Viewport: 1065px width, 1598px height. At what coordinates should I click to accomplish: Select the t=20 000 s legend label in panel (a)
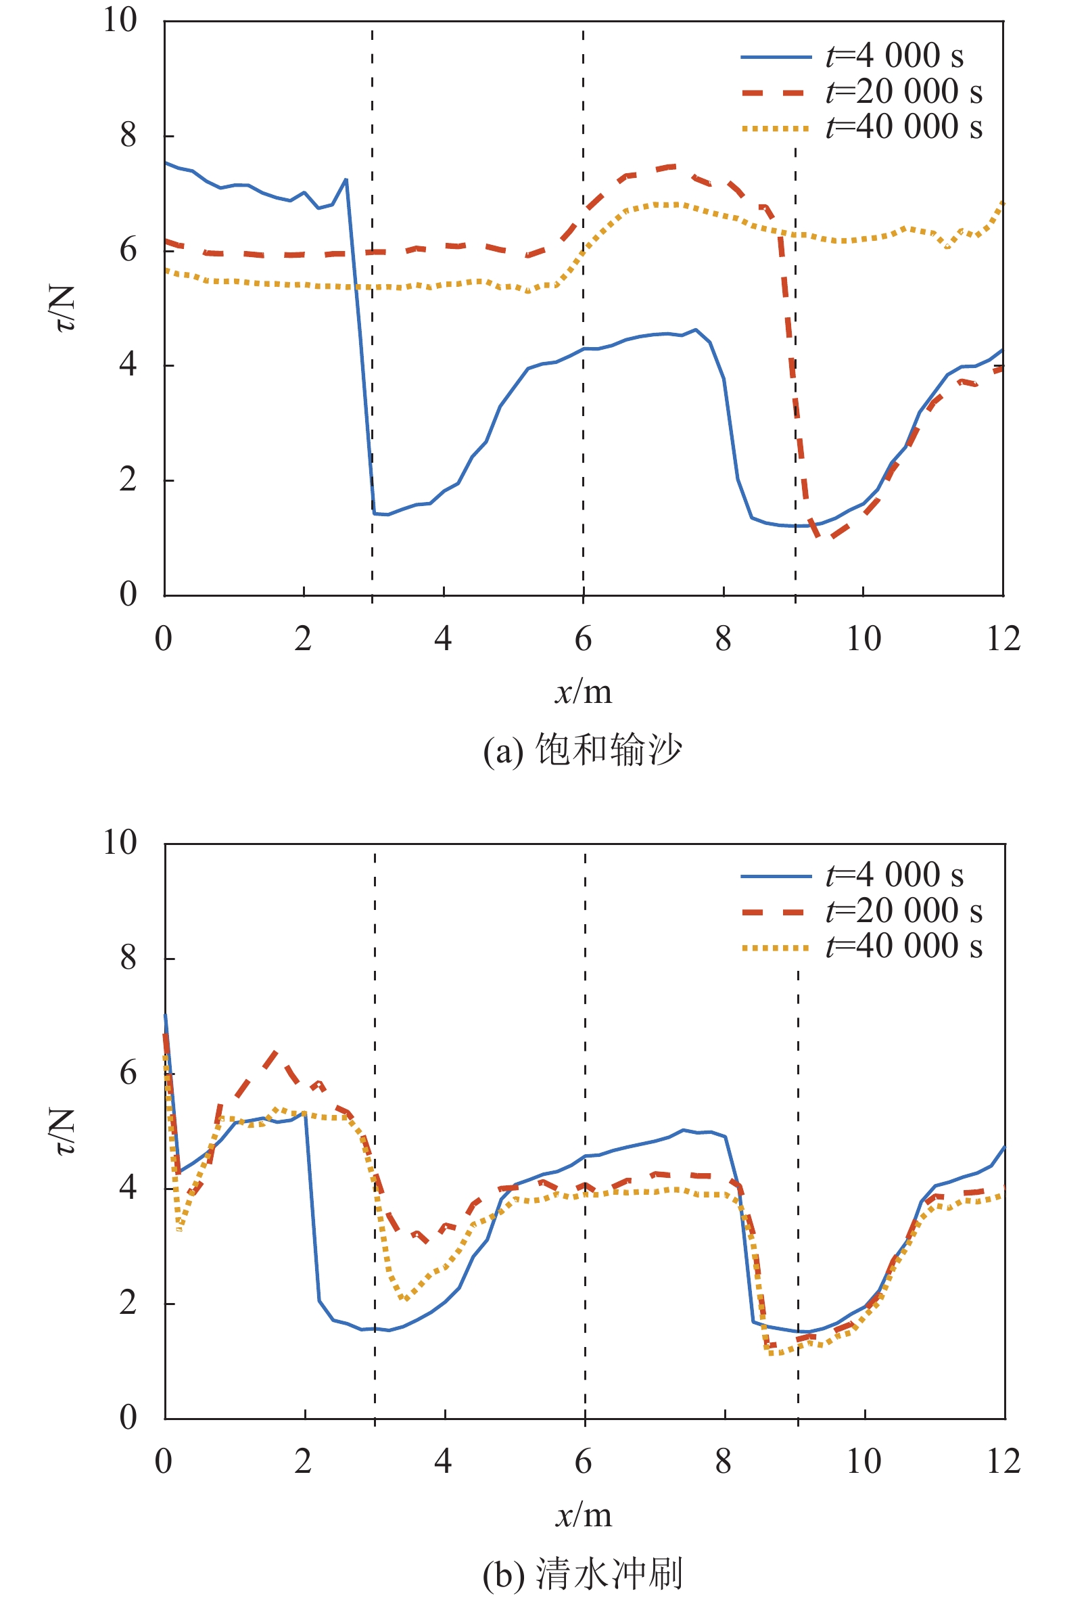click(903, 92)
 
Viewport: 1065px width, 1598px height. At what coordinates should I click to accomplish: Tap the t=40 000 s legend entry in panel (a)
click(903, 127)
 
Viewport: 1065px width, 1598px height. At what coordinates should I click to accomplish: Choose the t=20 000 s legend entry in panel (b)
click(903, 911)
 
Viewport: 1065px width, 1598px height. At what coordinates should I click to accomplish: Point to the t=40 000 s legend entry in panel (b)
click(903, 946)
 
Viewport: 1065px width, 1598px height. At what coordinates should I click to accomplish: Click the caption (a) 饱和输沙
click(582, 750)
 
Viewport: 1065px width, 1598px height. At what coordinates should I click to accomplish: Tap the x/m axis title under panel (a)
click(584, 692)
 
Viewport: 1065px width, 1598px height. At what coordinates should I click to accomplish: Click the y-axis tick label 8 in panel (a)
click(128, 135)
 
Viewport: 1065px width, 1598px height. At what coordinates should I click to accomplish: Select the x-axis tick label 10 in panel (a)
click(863, 639)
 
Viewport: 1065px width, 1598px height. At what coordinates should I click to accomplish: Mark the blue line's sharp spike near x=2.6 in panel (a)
click(346, 180)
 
